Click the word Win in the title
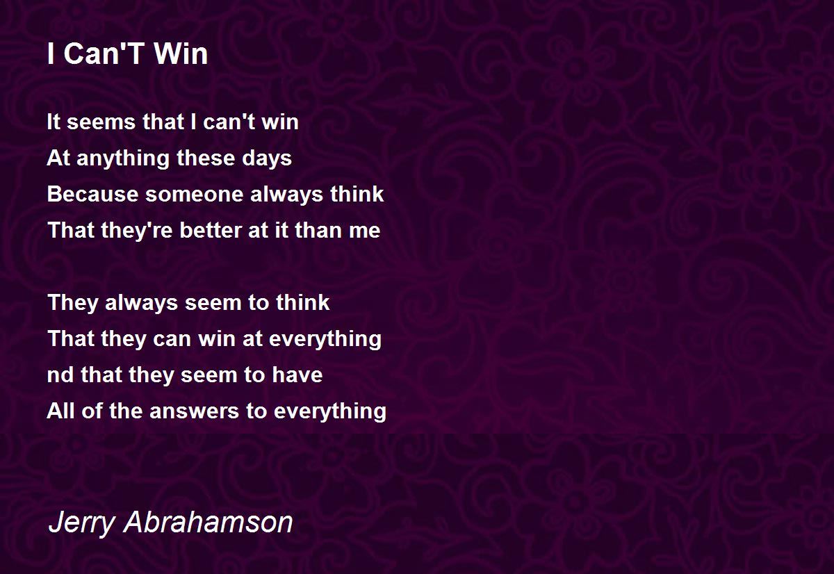(x=181, y=54)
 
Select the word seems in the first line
(x=101, y=122)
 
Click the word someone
(x=195, y=195)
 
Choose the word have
(x=297, y=375)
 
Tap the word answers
(x=194, y=411)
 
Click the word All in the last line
(x=60, y=411)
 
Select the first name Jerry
(x=82, y=523)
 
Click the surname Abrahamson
(x=208, y=522)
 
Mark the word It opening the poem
(x=54, y=122)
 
